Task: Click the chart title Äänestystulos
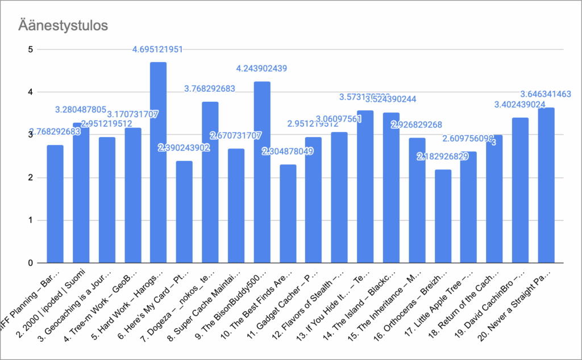(63, 26)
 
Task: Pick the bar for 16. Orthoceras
(443, 216)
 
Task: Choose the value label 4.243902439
(261, 69)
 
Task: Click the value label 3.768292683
(210, 89)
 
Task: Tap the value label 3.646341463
(546, 94)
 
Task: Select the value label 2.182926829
(443, 156)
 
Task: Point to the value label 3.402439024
(520, 105)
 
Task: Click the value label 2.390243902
(184, 148)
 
